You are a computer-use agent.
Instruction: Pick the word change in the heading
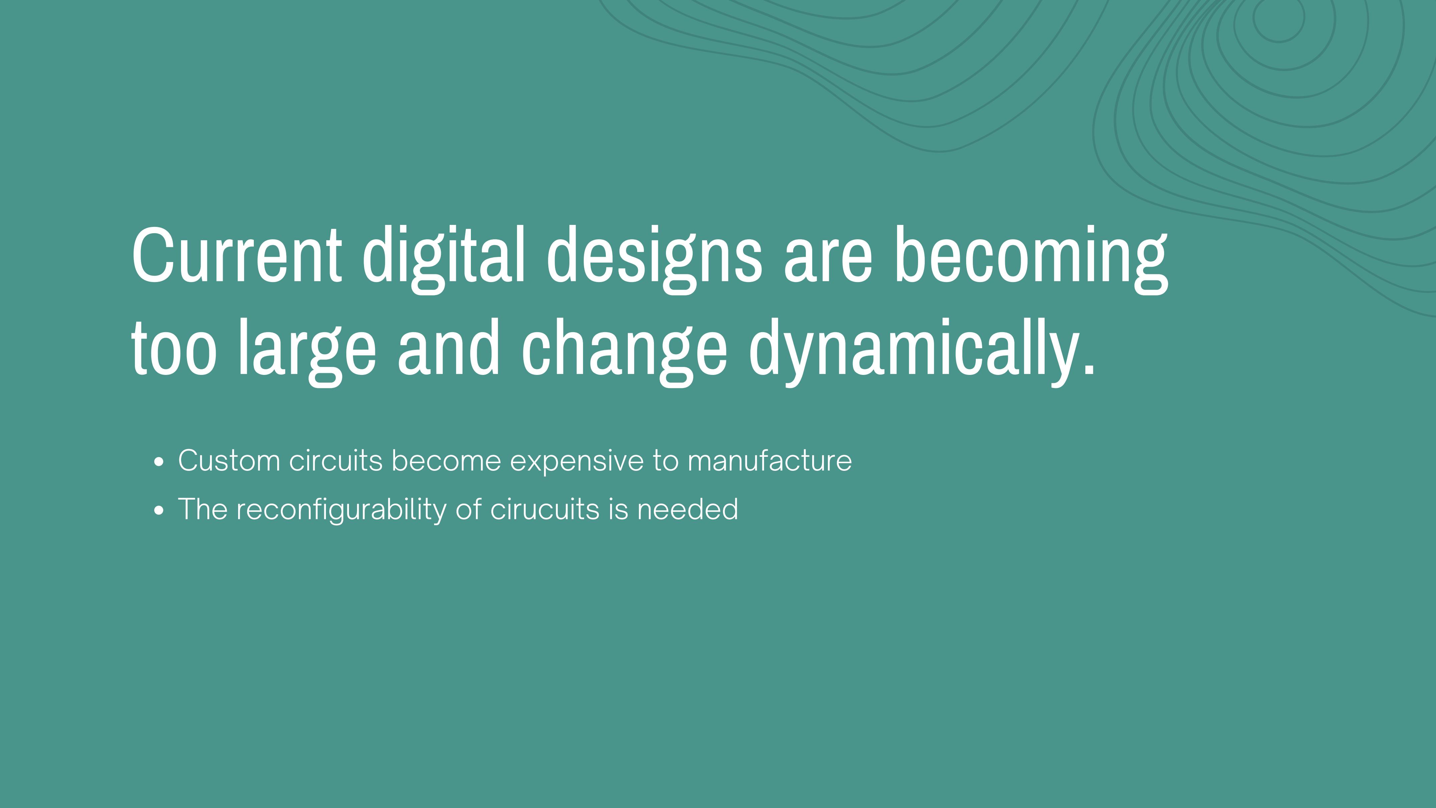[x=624, y=353]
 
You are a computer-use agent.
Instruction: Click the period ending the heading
[x=1088, y=366]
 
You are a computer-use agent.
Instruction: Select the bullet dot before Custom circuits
[x=159, y=462]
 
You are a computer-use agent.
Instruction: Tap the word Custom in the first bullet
[x=229, y=460]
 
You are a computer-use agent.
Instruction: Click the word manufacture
[x=770, y=460]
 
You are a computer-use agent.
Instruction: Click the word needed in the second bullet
[x=688, y=509]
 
